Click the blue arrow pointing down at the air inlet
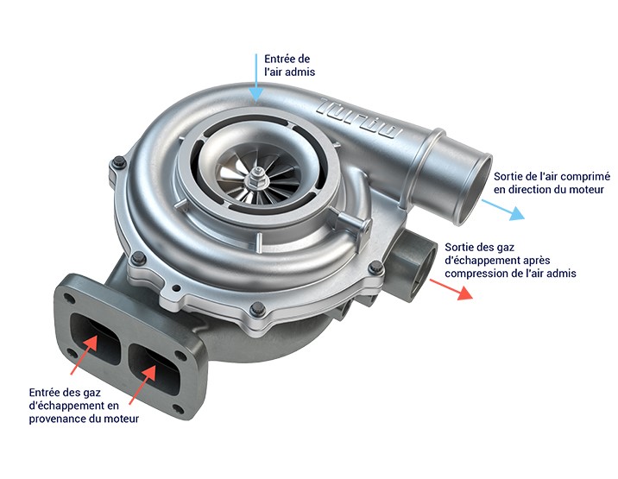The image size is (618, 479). (x=256, y=78)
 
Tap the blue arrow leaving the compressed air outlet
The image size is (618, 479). (x=503, y=210)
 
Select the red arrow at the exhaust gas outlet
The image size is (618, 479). (x=451, y=289)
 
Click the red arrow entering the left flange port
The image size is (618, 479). (x=85, y=355)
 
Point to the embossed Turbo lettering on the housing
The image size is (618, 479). (x=359, y=117)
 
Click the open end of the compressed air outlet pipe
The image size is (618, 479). (x=474, y=190)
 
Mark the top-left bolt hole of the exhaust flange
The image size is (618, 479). (x=71, y=299)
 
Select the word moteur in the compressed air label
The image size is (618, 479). (x=588, y=190)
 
